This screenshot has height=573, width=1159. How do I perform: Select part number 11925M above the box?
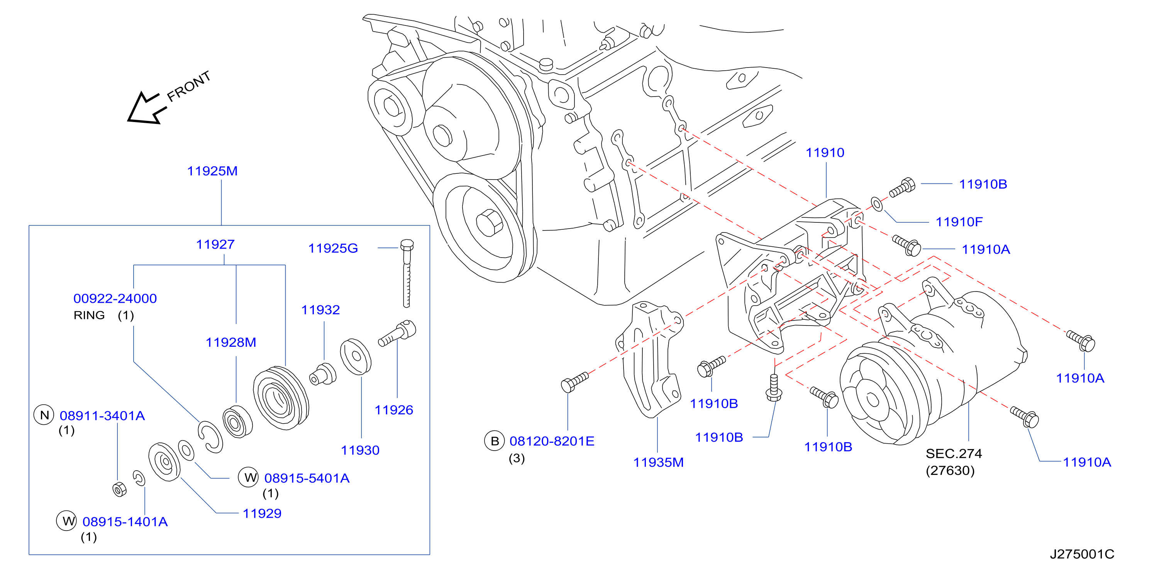click(x=212, y=171)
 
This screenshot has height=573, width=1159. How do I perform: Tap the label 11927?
click(x=215, y=244)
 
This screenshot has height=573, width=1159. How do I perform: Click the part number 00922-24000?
click(x=115, y=298)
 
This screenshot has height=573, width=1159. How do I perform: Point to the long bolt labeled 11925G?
click(x=407, y=273)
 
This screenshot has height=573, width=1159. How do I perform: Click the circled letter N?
click(x=44, y=415)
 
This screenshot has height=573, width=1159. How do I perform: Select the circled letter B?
click(x=495, y=441)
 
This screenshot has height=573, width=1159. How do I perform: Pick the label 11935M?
click(x=658, y=462)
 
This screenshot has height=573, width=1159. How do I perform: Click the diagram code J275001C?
click(x=1082, y=554)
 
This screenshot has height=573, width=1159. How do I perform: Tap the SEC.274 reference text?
click(x=953, y=453)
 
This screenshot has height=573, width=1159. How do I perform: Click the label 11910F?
click(x=959, y=222)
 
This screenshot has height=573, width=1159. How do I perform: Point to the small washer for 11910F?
click(x=877, y=204)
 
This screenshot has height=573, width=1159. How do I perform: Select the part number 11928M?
click(x=231, y=342)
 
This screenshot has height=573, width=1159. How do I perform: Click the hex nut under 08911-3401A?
click(x=119, y=489)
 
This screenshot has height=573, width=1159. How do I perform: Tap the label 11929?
click(x=262, y=514)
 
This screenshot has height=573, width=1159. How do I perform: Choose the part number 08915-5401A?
click(x=307, y=478)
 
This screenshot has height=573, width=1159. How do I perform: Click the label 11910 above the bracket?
click(x=825, y=153)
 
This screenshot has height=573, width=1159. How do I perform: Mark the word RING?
click(x=89, y=315)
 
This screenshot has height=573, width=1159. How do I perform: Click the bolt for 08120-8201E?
click(x=574, y=382)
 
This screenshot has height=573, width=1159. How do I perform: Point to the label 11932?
click(x=320, y=310)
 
